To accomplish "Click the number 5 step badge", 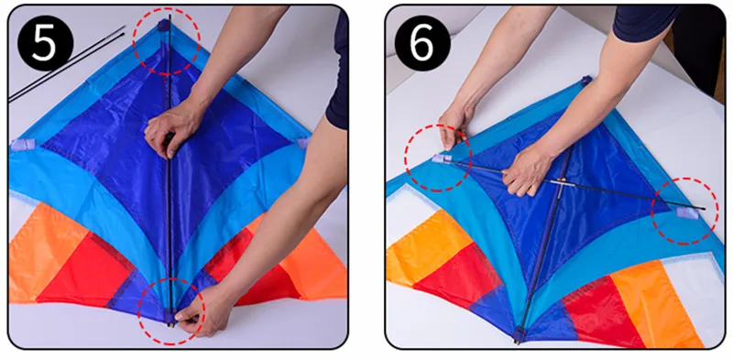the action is pos(45,43).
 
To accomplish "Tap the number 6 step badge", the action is pos(422,43).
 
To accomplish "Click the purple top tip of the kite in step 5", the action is pos(164,26).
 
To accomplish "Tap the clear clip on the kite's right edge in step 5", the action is pos(303,143).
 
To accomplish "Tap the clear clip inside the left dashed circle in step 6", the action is pos(442,159).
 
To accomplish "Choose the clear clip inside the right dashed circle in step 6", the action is pos(686,213).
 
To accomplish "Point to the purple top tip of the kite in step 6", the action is pos(586,81).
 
